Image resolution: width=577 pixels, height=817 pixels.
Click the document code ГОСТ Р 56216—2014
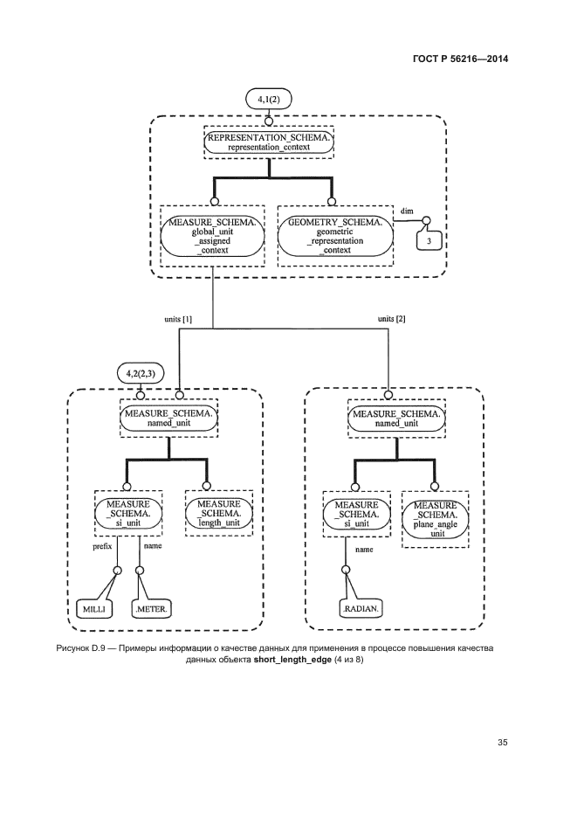(x=460, y=59)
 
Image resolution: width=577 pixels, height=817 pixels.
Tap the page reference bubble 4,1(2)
(x=269, y=100)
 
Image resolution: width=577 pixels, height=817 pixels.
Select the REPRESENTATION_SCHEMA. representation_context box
(x=269, y=142)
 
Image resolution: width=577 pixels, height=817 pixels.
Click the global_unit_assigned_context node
(x=212, y=236)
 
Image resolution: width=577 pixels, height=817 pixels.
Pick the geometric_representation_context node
(x=335, y=236)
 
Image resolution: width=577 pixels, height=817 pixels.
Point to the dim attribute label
(x=407, y=211)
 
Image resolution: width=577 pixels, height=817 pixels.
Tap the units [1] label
(x=178, y=320)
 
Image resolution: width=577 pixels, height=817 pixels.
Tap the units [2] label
(x=391, y=320)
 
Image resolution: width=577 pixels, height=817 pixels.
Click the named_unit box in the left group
(x=168, y=418)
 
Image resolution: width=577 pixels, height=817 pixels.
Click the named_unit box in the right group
(x=397, y=418)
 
